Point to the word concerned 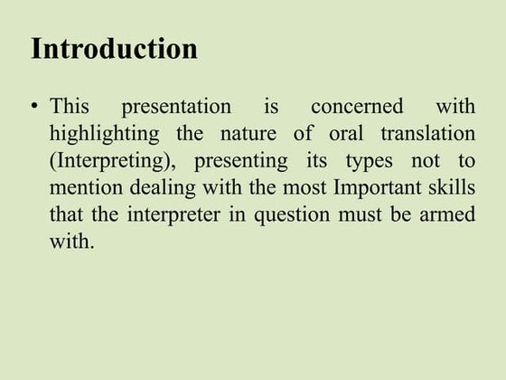(357, 107)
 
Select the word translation (427, 134)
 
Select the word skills (452, 189)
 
